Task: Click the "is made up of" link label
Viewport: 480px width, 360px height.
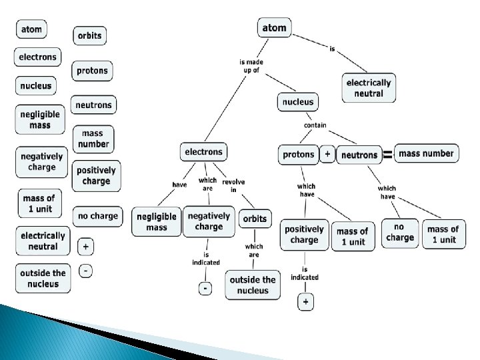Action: (251, 66)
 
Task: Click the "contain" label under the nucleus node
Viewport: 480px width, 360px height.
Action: (315, 125)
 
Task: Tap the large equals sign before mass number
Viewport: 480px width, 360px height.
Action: (387, 155)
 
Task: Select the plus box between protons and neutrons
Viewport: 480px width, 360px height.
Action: (327, 154)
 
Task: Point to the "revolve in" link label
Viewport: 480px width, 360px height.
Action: (233, 185)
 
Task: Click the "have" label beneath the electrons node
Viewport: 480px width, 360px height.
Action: (179, 185)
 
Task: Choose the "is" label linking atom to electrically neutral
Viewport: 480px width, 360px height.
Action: (332, 48)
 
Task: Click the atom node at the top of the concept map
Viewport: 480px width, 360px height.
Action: (274, 28)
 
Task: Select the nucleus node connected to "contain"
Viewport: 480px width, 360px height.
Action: (297, 102)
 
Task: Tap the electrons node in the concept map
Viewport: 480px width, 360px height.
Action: (203, 152)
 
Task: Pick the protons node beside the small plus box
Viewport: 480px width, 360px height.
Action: (298, 155)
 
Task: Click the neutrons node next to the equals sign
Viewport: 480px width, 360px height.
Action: (359, 155)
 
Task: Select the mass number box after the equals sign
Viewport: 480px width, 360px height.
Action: (426, 154)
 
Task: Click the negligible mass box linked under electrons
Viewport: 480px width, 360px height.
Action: (157, 222)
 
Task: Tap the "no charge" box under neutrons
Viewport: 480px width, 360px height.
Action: (400, 233)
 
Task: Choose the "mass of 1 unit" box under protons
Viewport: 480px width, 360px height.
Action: (352, 237)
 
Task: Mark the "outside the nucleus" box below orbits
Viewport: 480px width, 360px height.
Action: (253, 285)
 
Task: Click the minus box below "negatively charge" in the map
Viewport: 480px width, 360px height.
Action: (205, 288)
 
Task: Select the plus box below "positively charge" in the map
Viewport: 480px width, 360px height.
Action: (305, 302)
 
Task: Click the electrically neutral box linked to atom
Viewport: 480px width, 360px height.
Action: (369, 88)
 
